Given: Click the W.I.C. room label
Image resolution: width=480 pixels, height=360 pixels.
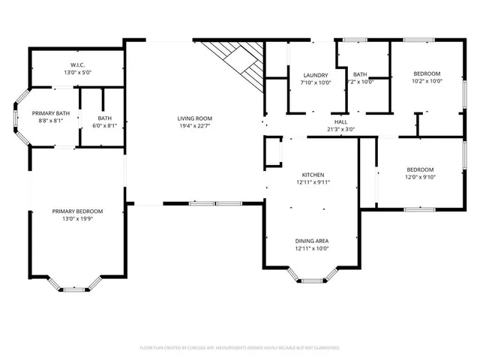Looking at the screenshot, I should pos(77,64).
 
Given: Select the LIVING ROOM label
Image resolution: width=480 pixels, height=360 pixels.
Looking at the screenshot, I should pos(194,118).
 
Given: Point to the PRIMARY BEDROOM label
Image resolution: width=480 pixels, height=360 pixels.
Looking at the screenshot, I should pos(77,211).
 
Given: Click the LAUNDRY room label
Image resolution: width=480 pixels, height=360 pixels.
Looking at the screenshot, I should pos(316,75).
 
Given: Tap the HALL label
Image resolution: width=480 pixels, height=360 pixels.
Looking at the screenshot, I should pos(340,121).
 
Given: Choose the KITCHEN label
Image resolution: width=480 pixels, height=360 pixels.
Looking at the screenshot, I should pos(313,174).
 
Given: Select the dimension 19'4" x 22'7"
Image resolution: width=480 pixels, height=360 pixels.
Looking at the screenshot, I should pos(194,127).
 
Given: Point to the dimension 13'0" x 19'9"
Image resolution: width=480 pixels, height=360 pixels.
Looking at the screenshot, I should pos(77,220).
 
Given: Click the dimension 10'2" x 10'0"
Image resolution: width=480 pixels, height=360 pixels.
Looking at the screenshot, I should pos(427,82).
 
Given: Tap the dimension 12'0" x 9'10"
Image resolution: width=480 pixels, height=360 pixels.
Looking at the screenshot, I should pos(420,177).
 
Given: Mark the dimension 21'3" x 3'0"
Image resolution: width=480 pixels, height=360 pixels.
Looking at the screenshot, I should pos(340,129).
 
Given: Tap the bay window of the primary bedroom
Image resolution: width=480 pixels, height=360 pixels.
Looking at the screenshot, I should pos(77,286).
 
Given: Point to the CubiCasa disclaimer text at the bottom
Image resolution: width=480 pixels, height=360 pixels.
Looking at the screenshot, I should pos(240,348).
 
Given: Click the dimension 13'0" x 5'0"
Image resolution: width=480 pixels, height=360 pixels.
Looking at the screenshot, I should pos(77,73).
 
